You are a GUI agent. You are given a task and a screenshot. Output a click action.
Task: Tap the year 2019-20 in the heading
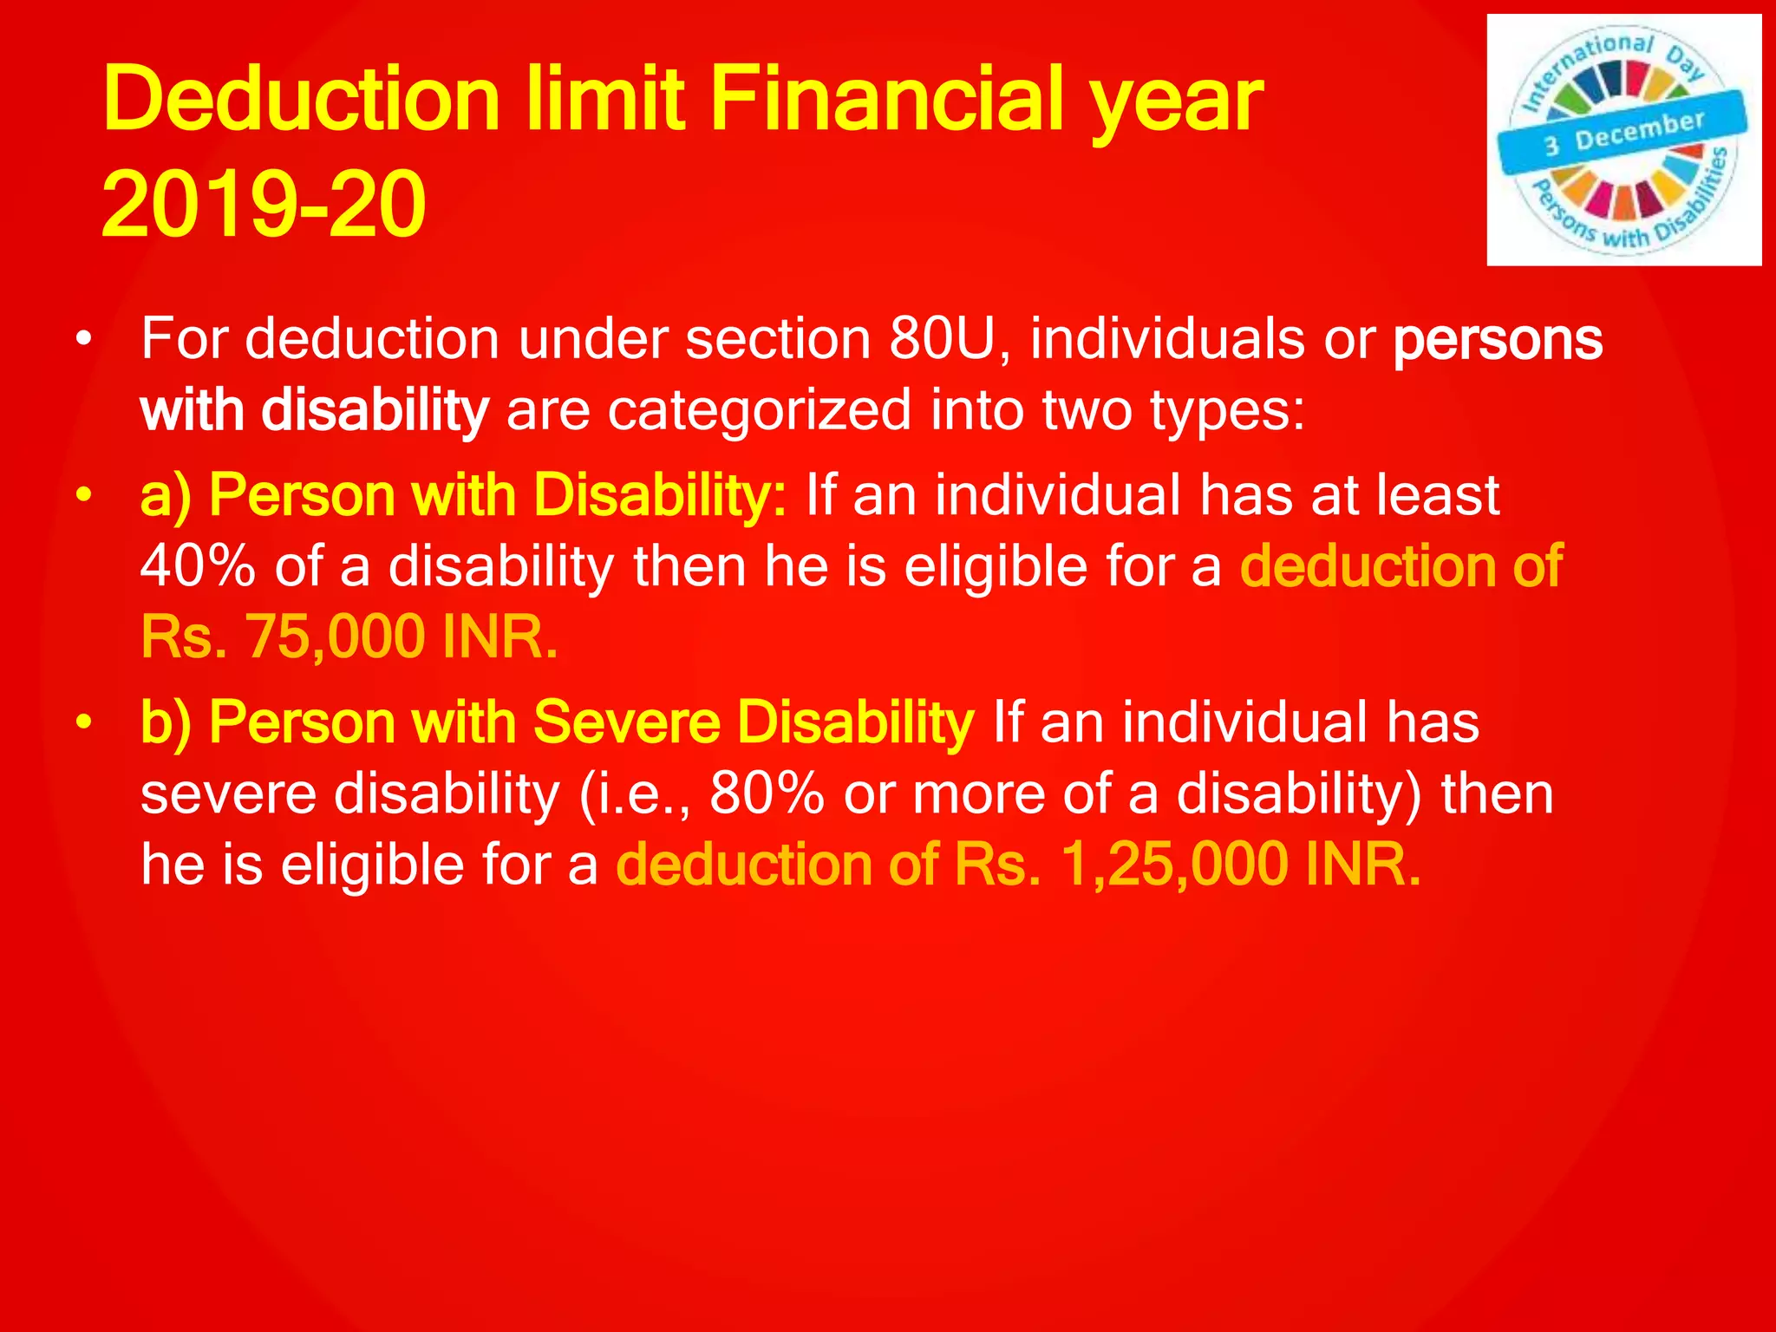[263, 206]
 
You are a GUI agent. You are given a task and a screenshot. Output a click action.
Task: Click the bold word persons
[1498, 339]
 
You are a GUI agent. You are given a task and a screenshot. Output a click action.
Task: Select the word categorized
[759, 410]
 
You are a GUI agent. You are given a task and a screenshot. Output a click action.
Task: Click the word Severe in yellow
[626, 722]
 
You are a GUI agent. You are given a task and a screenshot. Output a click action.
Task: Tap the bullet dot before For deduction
[82, 339]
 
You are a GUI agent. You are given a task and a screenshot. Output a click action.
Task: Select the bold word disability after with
[375, 410]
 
